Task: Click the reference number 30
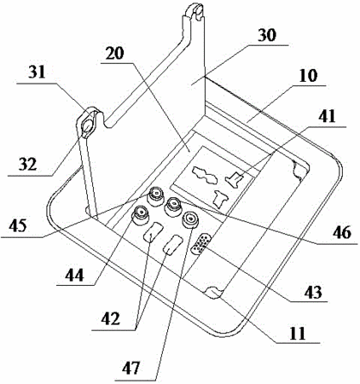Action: (267, 36)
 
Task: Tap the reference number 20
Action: (115, 53)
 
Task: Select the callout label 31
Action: (37, 73)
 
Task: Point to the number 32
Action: (28, 164)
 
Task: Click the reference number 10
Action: (308, 75)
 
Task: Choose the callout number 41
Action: (327, 116)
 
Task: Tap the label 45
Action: (18, 226)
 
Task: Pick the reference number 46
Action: (342, 232)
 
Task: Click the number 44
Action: (75, 275)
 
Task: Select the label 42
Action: (111, 319)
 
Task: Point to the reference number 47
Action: (131, 368)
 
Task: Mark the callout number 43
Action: (312, 292)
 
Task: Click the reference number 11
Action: (298, 334)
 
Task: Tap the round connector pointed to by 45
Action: (156, 196)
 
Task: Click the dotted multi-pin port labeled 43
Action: (201, 244)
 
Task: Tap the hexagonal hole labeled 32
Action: (88, 125)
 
